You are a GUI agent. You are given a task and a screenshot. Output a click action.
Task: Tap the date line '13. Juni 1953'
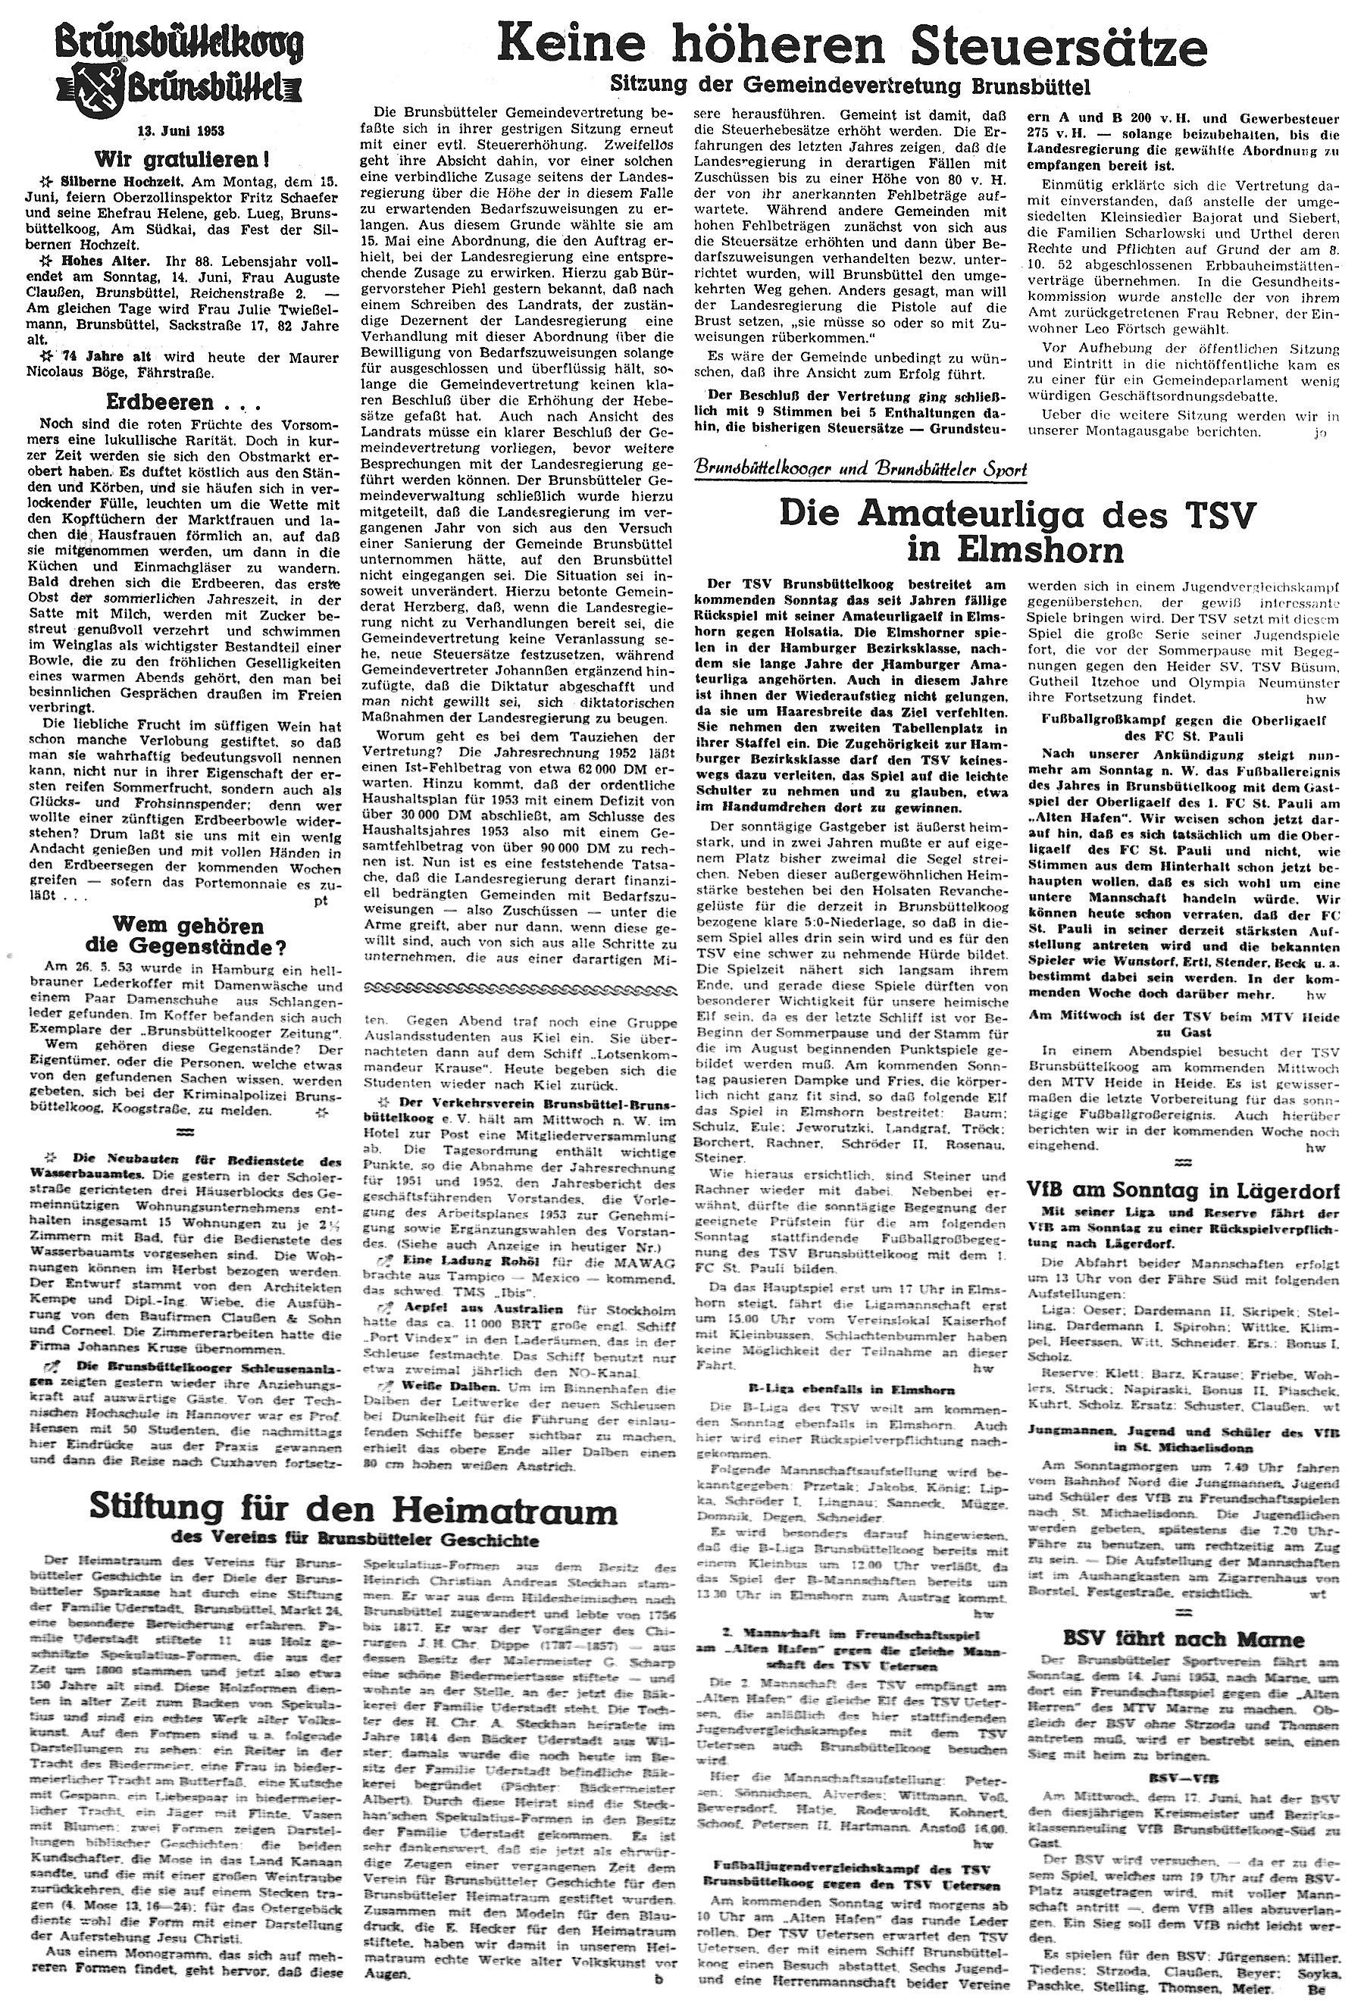tap(181, 132)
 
